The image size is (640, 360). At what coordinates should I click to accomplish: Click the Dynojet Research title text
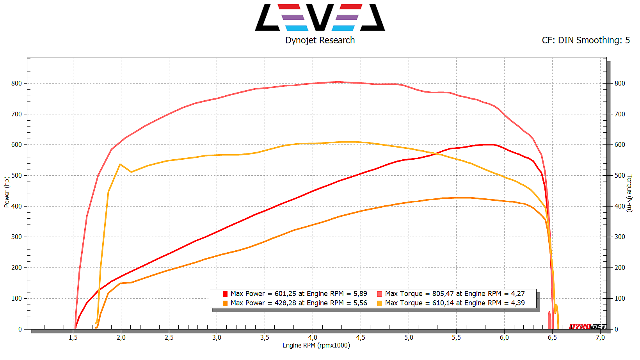[320, 40]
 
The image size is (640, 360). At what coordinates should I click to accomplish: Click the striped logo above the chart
[320, 17]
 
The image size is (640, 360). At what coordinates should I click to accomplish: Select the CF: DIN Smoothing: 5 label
[586, 40]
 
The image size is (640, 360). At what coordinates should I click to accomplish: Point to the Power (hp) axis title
[7, 192]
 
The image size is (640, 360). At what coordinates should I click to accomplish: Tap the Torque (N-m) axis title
[629, 193]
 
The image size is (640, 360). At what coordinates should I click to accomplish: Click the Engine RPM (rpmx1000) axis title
[316, 345]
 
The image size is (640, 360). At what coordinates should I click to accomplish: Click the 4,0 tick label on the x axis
[313, 337]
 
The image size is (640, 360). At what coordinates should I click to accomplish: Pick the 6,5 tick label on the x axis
[552, 337]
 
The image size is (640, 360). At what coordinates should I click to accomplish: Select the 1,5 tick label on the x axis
[73, 337]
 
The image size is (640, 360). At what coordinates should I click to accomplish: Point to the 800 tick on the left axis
[16, 83]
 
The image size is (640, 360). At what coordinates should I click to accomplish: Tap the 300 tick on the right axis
[620, 237]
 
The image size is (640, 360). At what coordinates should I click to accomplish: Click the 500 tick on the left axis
[16, 175]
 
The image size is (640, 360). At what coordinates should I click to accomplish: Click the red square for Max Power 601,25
[225, 294]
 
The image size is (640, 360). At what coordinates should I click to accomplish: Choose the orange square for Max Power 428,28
[225, 303]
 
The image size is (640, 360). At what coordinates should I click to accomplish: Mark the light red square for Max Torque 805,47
[380, 294]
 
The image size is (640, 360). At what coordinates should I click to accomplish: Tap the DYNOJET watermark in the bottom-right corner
[587, 326]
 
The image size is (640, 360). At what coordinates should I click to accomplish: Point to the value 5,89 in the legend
[360, 294]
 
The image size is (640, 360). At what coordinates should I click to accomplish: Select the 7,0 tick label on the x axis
[600, 337]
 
